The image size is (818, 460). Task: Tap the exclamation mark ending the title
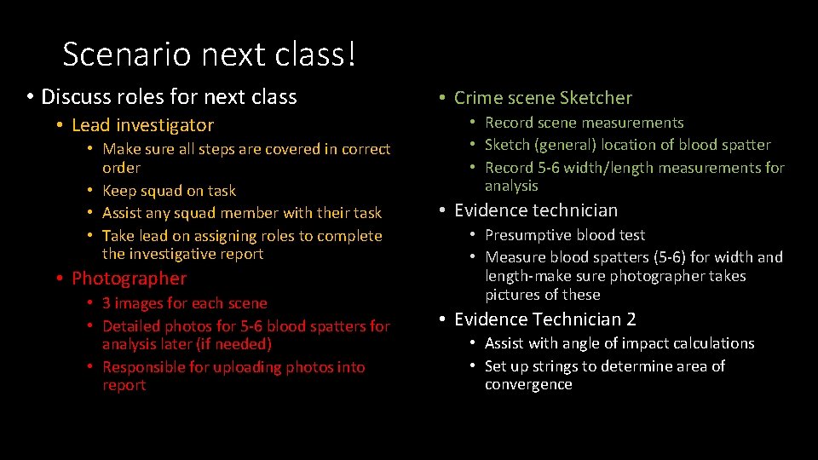(x=350, y=55)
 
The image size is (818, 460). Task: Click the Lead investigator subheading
(x=142, y=125)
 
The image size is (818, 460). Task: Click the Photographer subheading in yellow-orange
(x=129, y=279)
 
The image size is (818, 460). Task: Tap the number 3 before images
(x=107, y=303)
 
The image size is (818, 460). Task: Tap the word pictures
(x=511, y=295)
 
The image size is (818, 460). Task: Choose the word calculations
(x=713, y=343)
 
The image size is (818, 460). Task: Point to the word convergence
(x=528, y=385)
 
